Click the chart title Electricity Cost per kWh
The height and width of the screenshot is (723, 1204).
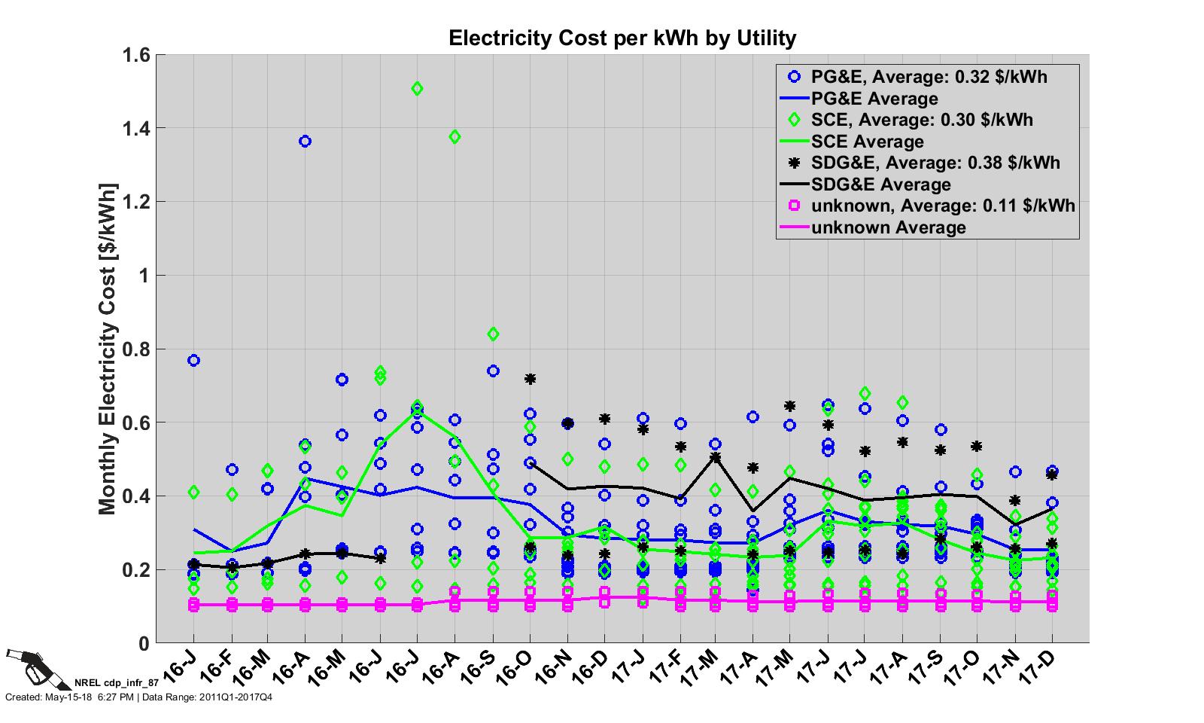tap(622, 38)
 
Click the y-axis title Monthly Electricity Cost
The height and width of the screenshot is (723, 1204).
tap(108, 348)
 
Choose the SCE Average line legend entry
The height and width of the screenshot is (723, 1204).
tap(867, 142)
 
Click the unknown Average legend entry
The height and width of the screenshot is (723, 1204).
tap(888, 227)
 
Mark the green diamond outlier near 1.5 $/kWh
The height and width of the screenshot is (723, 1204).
tap(418, 89)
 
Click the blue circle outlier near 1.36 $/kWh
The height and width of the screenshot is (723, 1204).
tap(305, 142)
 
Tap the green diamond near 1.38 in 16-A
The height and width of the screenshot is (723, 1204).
tap(455, 137)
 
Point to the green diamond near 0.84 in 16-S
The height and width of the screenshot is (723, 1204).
tap(493, 334)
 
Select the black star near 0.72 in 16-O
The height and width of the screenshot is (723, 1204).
tap(530, 379)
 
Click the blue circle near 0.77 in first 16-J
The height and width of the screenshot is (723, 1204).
tap(193, 361)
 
